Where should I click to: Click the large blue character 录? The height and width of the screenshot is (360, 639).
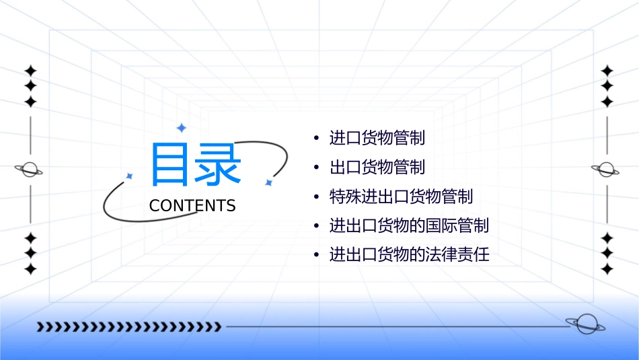coord(219,164)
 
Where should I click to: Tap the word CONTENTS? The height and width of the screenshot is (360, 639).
coord(192,206)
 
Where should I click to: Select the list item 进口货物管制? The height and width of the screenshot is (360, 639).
coord(377,139)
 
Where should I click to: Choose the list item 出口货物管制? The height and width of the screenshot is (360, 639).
coord(377,167)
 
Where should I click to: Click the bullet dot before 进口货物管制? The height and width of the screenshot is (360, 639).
coord(316,139)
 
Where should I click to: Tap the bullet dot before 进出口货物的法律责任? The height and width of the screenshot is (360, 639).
coord(316,256)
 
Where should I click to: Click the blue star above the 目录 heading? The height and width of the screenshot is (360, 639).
coord(181,127)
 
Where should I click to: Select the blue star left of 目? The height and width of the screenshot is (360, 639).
coord(130,176)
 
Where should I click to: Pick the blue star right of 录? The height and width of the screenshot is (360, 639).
coord(268,182)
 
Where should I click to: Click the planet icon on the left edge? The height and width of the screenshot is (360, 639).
coord(30,170)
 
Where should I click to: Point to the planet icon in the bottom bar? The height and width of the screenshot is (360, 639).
coord(584,324)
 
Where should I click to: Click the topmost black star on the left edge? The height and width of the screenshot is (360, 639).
coord(30,71)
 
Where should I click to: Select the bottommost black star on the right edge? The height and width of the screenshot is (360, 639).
coord(607,269)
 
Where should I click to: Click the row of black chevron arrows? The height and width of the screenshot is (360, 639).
coord(128,327)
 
